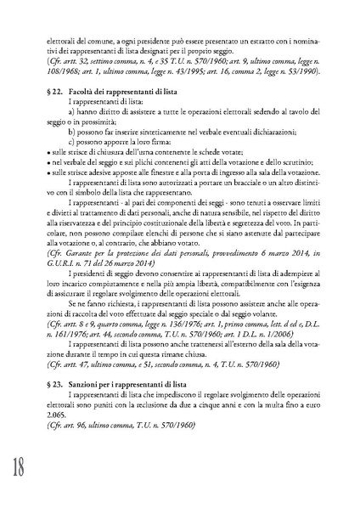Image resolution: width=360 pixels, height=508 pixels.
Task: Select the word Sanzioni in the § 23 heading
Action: tap(83, 383)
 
